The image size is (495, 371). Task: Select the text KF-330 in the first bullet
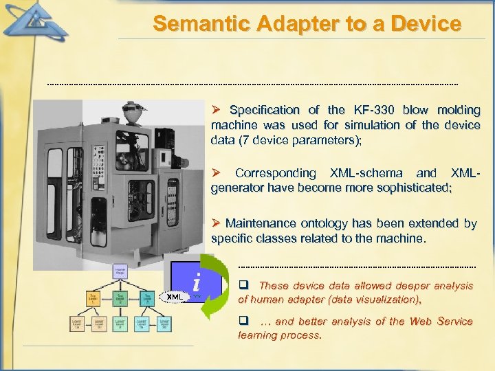(375, 110)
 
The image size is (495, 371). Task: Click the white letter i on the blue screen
(197, 282)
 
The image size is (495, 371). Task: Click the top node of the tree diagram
(120, 271)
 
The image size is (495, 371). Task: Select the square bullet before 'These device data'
(242, 285)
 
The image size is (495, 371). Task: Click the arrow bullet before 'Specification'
(215, 110)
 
